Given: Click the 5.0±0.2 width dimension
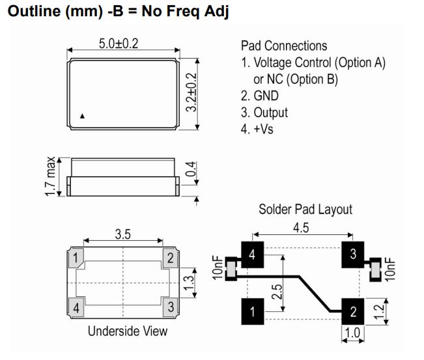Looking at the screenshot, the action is [119, 44].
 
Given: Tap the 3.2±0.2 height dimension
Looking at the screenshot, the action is [191, 92].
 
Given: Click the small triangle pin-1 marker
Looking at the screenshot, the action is [83, 117].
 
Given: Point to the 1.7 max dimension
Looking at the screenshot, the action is [50, 176].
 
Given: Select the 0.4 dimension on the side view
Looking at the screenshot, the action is [190, 169].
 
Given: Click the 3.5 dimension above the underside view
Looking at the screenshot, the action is [122, 234].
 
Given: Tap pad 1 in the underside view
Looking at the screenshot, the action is [76, 258].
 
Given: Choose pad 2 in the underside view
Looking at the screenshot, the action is [170, 258].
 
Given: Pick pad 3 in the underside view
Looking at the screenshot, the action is [171, 307].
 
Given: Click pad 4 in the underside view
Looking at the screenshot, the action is [76, 307].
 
